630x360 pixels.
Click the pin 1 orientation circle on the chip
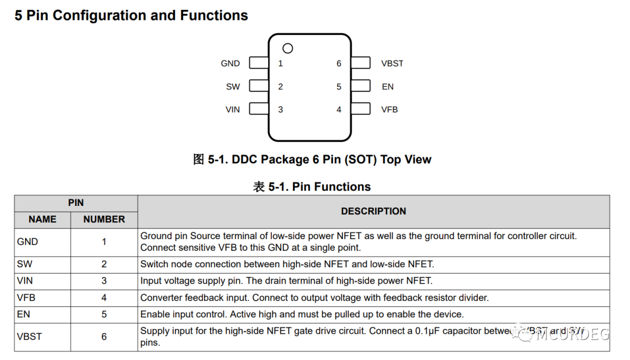(x=288, y=48)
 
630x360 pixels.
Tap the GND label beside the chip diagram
(x=230, y=64)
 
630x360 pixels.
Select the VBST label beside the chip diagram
(x=392, y=64)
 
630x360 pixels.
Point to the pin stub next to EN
(x=360, y=86)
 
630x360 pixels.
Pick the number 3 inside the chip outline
(x=281, y=110)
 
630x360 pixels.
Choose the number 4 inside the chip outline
(x=339, y=110)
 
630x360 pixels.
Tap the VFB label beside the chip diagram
(x=390, y=110)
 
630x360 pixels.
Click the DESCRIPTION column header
(x=373, y=211)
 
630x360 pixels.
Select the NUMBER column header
(x=104, y=219)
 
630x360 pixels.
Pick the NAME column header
(x=43, y=219)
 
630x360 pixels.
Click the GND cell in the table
(x=27, y=242)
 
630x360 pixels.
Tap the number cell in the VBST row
(x=104, y=337)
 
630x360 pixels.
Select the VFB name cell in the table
(x=26, y=298)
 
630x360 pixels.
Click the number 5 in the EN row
(x=104, y=314)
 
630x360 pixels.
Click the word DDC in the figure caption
(x=244, y=160)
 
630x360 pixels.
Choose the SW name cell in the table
(x=24, y=264)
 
